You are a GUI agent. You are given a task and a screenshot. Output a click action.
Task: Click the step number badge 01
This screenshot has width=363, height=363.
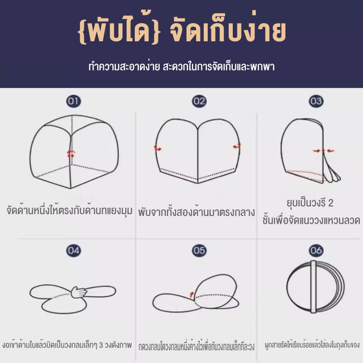pos(74,101)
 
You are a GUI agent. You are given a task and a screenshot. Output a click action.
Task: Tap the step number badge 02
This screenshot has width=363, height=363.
pos(199,101)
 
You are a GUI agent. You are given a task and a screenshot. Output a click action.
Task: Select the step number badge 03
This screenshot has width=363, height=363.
pos(316,101)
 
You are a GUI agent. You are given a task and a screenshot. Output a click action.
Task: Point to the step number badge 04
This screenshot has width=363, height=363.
pos(74,250)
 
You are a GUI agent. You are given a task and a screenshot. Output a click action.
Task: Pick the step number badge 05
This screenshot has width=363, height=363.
pos(199,250)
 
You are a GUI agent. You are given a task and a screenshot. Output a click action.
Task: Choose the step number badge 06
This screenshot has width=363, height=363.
pos(316,250)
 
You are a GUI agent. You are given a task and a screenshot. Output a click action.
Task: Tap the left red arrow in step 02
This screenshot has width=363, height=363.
pos(158,149)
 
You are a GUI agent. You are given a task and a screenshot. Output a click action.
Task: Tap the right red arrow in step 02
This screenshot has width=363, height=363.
pos(237,146)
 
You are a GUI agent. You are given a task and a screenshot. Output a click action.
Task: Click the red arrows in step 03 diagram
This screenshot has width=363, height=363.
pos(324,151)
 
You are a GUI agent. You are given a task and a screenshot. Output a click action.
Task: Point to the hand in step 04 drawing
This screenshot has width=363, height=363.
pos(79,292)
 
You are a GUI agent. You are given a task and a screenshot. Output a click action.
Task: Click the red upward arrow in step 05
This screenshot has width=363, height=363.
pos(191,294)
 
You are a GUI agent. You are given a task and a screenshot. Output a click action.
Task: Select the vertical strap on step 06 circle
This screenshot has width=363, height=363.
pos(314,287)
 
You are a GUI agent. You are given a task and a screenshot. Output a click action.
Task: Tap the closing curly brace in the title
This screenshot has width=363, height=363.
pos(155,31)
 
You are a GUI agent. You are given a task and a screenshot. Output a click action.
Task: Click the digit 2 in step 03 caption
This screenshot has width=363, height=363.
pos(331,203)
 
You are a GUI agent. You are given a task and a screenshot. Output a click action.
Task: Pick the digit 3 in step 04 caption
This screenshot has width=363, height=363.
pos(101,345)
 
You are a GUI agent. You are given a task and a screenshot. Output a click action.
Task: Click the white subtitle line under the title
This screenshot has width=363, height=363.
pos(181,66)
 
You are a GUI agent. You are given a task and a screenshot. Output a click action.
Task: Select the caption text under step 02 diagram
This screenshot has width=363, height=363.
pos(196,212)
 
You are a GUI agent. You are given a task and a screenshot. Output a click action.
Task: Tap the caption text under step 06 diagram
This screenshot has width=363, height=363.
pos(312,345)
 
